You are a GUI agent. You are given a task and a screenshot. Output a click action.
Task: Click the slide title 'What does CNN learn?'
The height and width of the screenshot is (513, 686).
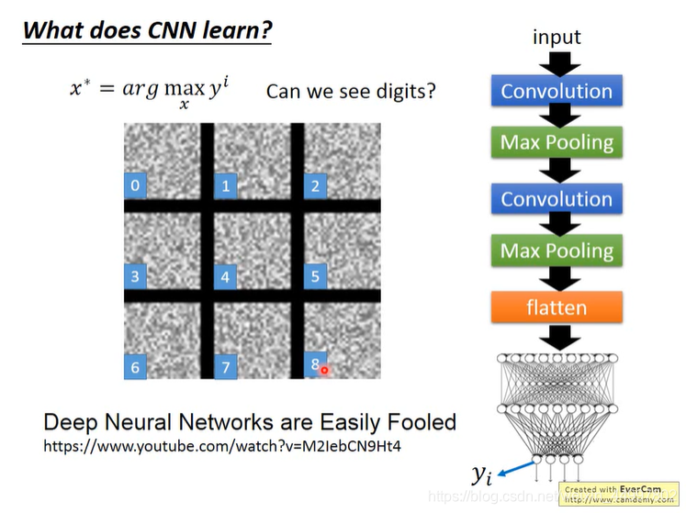click(x=147, y=29)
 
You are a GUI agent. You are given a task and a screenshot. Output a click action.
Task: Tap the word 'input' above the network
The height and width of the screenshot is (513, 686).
click(x=557, y=37)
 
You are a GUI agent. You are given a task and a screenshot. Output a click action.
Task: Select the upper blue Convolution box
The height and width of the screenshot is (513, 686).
click(x=557, y=92)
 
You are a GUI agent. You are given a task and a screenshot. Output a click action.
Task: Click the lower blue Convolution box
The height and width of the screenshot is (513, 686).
click(x=557, y=199)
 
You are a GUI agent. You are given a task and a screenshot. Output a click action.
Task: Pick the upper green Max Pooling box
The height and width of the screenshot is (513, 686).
click(x=557, y=143)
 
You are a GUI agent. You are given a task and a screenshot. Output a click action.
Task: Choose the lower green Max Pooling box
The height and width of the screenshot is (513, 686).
click(x=557, y=251)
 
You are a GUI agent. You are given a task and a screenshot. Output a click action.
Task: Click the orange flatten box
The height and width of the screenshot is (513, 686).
click(x=557, y=307)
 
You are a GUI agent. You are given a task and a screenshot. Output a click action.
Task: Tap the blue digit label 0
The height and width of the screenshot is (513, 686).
click(x=135, y=186)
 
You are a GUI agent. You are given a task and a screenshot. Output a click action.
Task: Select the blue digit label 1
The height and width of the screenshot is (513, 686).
click(x=225, y=187)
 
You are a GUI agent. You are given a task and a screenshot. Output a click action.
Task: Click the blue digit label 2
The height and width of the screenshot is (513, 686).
click(x=315, y=186)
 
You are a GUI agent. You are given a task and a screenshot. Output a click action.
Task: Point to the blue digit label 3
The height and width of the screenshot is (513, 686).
click(x=135, y=276)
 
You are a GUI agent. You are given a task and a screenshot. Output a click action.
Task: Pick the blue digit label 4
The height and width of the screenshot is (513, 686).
click(x=225, y=276)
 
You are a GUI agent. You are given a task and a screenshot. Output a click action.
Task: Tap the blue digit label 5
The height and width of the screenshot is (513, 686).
click(x=315, y=275)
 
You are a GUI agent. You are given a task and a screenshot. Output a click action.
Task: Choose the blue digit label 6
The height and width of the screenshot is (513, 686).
click(x=135, y=367)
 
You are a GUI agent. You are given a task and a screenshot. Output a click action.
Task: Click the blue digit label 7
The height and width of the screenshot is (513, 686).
click(x=225, y=367)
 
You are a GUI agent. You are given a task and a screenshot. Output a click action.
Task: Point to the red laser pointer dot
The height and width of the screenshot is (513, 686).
click(x=324, y=370)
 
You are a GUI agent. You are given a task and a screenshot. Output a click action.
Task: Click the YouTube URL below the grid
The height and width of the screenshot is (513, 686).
click(x=223, y=446)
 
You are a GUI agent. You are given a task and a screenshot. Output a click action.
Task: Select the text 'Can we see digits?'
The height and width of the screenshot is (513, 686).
click(x=351, y=92)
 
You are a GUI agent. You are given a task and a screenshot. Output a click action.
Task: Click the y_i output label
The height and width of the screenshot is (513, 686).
click(x=481, y=474)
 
